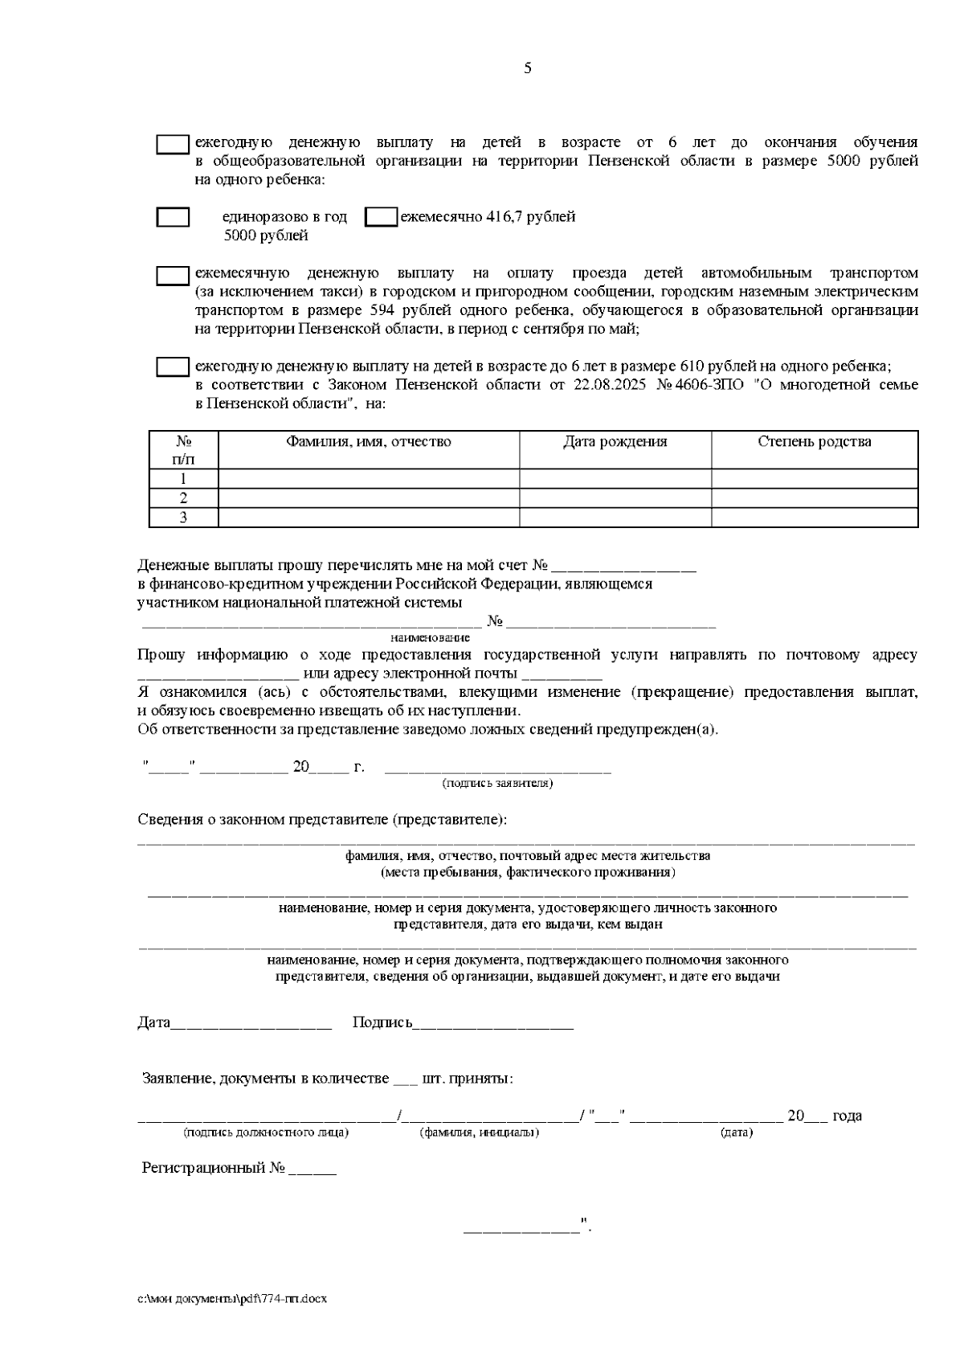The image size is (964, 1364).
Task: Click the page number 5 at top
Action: [x=527, y=68]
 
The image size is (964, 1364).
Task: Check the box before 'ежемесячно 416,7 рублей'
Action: [x=381, y=217]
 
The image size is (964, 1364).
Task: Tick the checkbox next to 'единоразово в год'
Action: [x=173, y=217]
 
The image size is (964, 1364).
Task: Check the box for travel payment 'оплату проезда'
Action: [x=172, y=276]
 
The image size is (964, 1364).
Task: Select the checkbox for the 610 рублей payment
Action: [x=172, y=367]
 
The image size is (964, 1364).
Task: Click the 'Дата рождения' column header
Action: [x=615, y=442]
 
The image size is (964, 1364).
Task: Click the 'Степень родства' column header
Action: [x=814, y=442]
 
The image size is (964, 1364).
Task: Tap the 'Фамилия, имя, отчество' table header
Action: [x=369, y=442]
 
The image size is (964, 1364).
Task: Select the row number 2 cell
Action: [x=183, y=498]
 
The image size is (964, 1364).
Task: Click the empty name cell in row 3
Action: [x=369, y=518]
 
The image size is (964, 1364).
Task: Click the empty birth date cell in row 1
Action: [x=615, y=479]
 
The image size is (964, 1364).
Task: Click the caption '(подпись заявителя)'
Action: [x=497, y=783]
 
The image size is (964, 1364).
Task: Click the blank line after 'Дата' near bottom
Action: [x=251, y=1024]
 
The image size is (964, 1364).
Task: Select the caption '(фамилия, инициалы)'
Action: [x=479, y=1133]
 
